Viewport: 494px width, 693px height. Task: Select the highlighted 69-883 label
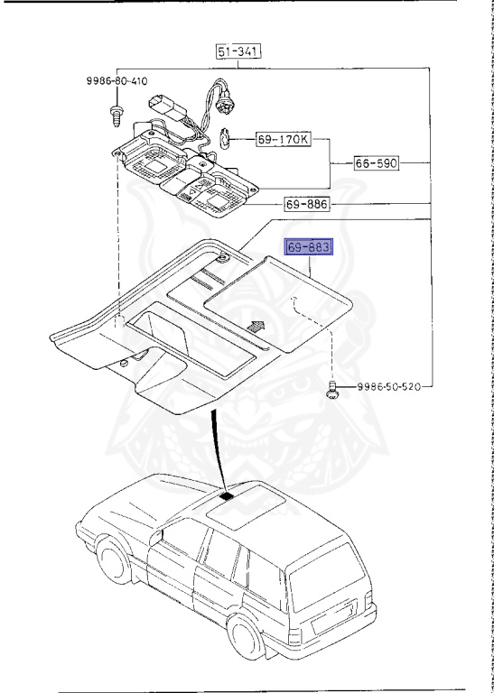tap(309, 247)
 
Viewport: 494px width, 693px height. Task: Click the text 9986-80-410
tap(117, 80)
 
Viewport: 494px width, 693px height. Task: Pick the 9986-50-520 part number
tap(387, 386)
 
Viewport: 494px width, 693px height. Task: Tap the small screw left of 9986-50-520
tap(331, 390)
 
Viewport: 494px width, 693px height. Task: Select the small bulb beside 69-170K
tap(228, 139)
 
